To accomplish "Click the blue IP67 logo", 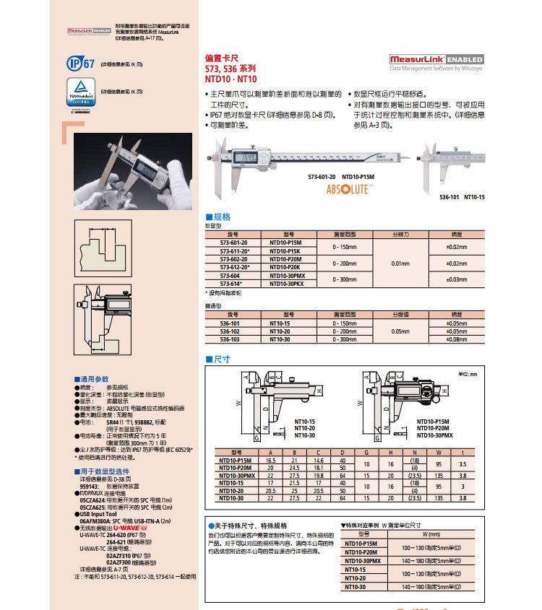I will point(80,64).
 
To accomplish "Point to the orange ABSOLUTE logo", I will point(350,189).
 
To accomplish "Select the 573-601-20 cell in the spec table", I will point(233,243).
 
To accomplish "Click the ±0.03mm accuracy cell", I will point(456,279).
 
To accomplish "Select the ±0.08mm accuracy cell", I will point(456,339).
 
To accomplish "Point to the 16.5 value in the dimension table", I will point(271,459).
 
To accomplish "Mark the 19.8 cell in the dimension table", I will point(318,476).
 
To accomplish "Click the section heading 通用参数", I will point(93,379).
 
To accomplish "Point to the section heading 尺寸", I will point(220,359).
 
